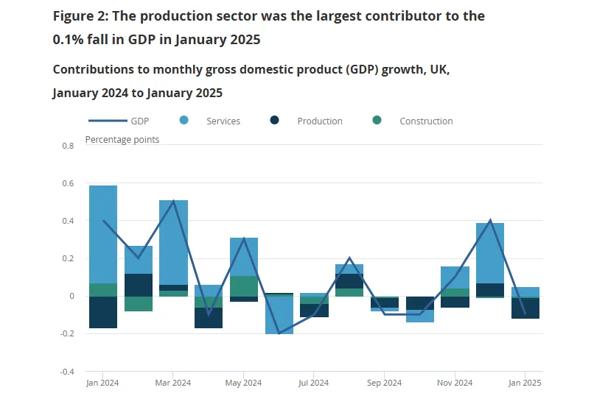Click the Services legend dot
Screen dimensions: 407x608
click(184, 121)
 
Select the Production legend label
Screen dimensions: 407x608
click(319, 121)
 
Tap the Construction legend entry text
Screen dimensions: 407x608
click(426, 121)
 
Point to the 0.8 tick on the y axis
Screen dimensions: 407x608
click(68, 146)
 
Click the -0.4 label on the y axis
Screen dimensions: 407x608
click(67, 372)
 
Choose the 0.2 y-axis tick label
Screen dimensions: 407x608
click(68, 258)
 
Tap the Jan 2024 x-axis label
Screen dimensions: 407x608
click(102, 383)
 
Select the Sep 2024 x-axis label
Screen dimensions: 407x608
click(383, 383)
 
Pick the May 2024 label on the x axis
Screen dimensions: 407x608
click(243, 383)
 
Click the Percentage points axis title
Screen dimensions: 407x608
click(122, 139)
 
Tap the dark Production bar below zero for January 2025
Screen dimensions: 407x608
click(525, 308)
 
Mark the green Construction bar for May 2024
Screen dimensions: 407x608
click(244, 286)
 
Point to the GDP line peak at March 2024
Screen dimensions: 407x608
click(174, 201)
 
